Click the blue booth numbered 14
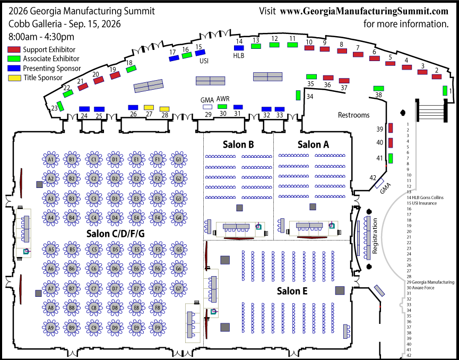pyautogui.click(x=239, y=48)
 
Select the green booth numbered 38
pyautogui.click(x=378, y=88)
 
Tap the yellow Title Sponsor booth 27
pyautogui.click(x=149, y=108)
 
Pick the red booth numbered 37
pyautogui.click(x=344, y=81)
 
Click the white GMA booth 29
pyautogui.click(x=207, y=107)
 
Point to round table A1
pyautogui.click(x=51, y=159)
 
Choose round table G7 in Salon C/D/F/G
pyautogui.click(x=179, y=288)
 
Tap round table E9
pyautogui.click(x=136, y=328)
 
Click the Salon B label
pyautogui.click(x=238, y=144)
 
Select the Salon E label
pyautogui.click(x=292, y=291)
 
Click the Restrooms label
pyautogui.click(x=354, y=115)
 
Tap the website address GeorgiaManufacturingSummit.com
pyautogui.click(x=364, y=11)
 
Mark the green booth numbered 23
pyautogui.click(x=60, y=106)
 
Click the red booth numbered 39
pyautogui.click(x=391, y=128)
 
